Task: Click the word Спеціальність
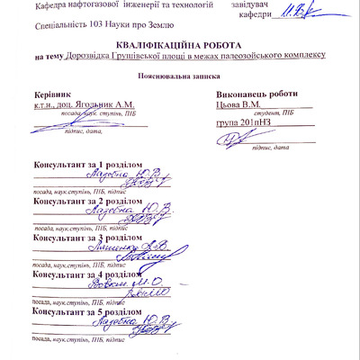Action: [45, 27]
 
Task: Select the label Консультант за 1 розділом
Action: [86, 165]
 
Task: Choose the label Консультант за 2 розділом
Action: [86, 202]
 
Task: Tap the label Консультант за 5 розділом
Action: [86, 312]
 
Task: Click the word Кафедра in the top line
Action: [51, 6]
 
